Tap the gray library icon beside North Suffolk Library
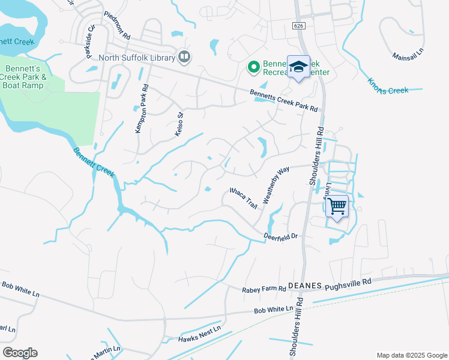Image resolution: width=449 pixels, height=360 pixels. coord(184,58)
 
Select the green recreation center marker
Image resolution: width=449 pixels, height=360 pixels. coord(253,66)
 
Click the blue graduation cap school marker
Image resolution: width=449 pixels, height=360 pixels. coord(298,67)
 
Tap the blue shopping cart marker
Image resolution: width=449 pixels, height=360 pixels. coord(337,206)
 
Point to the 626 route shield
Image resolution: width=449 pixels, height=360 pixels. coord(298,26)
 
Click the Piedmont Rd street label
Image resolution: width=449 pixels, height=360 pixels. coord(117,25)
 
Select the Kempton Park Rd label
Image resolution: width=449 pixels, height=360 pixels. coord(141,109)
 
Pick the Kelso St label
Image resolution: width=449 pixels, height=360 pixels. coord(179,123)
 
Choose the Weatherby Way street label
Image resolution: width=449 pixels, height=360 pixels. coord(276,183)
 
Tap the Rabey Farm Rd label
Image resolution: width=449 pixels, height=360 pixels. coord(264,289)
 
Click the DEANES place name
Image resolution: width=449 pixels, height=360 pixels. coord(306,286)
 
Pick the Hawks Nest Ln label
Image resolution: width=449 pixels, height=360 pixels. coord(200,334)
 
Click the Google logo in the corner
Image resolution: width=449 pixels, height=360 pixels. coord(20,353)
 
